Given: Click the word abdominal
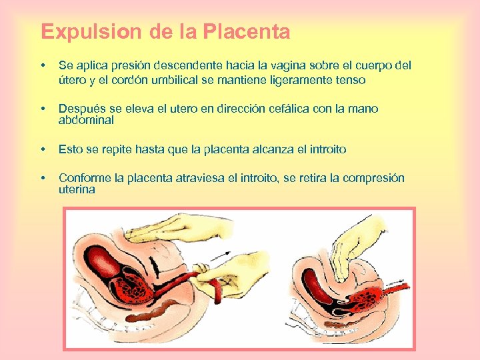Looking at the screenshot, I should tap(86, 121).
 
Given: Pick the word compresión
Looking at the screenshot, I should tap(373, 178).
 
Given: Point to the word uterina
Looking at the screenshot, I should tap(77, 190).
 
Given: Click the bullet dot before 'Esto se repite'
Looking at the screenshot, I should tap(43, 149).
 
